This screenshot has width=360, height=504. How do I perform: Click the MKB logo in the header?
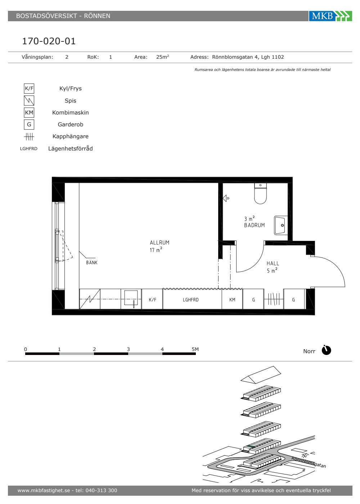pos(330,16)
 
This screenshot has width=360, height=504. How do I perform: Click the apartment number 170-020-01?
pos(49,41)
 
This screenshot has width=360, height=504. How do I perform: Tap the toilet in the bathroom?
pos(260,194)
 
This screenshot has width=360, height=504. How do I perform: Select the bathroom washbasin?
pos(281,225)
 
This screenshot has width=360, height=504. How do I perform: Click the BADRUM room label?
pos(255,225)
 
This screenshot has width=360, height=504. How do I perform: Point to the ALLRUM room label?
pos(159,243)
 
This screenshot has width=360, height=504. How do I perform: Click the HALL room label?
pos(273,264)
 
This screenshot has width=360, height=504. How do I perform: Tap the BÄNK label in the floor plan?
pos(92,262)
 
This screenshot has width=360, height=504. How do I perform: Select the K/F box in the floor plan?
pos(152,299)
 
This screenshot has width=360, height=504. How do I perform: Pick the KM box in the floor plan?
pos(232,299)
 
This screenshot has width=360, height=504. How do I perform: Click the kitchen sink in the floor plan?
pos(131,298)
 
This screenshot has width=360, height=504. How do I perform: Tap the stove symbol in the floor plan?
pos(90,299)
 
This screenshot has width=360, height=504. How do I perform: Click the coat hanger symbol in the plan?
pos(274,299)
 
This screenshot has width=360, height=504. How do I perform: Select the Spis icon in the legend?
pos(29,100)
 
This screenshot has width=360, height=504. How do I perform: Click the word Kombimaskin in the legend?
pos(71,112)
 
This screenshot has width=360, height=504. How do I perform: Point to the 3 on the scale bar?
pos(128,349)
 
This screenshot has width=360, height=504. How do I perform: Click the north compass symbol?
pos(326,350)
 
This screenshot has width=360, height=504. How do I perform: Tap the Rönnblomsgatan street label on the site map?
pos(309,462)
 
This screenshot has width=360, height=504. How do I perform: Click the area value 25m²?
pos(162,57)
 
